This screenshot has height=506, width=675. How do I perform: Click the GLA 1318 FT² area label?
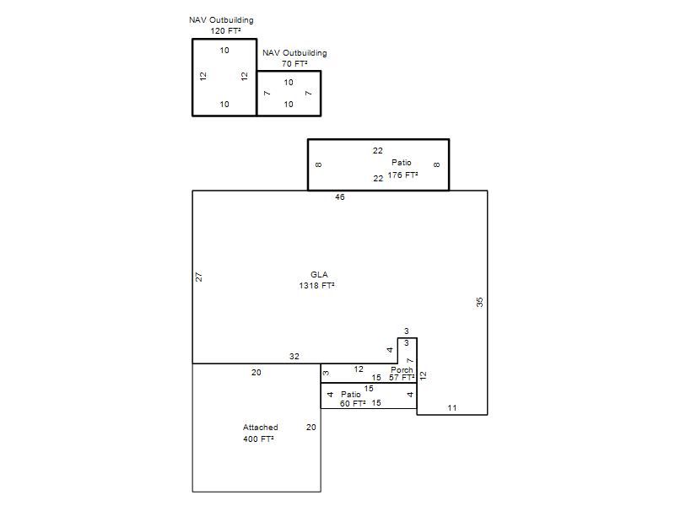[x=317, y=280]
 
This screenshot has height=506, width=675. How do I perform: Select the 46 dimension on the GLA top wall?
[x=340, y=197]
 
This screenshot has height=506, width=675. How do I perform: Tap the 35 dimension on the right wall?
[x=479, y=302]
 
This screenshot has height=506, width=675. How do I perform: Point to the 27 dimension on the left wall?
[x=198, y=277]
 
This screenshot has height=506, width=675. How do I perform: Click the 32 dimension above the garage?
[x=294, y=356]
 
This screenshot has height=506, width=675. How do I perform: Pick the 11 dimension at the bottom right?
[x=451, y=408]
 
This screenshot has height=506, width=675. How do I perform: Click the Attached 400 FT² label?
[x=260, y=433]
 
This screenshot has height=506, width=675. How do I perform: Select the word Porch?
[x=402, y=369]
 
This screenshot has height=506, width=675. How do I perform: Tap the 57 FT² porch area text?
[x=402, y=377]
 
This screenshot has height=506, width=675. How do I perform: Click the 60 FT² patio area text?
[x=353, y=404]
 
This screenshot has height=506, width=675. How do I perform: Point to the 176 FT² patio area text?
[x=402, y=175]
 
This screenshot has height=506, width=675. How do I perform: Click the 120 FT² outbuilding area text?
[x=225, y=31]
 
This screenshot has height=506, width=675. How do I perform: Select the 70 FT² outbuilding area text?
[x=294, y=64]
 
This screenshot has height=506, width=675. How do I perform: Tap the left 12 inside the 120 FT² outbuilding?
[x=203, y=76]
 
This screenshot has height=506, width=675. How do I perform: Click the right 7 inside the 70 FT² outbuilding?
[x=308, y=93]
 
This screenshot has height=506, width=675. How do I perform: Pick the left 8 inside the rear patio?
[x=319, y=164]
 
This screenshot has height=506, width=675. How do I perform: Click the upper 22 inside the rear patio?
[x=377, y=151]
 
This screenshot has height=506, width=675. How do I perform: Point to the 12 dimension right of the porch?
[x=424, y=375]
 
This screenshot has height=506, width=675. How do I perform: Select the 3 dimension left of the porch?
[x=327, y=373]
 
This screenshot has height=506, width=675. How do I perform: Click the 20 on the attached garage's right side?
[x=310, y=428]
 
